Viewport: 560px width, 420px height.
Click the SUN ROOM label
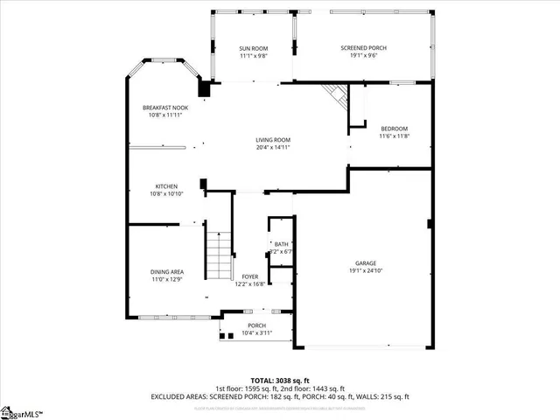[x=253, y=48]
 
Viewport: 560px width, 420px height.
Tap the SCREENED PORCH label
[x=363, y=48]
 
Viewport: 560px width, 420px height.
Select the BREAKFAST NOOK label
[x=164, y=108]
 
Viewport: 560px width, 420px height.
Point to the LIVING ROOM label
[x=273, y=140]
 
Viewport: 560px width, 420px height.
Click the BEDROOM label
[x=394, y=129]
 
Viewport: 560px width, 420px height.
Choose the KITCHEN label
[x=166, y=186]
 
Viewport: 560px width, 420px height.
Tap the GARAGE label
[x=366, y=263]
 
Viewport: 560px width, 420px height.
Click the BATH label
[x=281, y=244]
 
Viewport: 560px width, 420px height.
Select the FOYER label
[x=250, y=276]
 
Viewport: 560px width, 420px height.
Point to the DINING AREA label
[x=166, y=272]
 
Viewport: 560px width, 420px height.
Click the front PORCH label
[x=256, y=326]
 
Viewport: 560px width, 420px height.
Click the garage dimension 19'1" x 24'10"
[x=366, y=270]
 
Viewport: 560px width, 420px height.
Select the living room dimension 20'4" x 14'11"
[x=273, y=147]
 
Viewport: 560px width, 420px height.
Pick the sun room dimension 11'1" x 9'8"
[x=253, y=55]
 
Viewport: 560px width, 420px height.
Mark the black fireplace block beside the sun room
[x=205, y=87]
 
